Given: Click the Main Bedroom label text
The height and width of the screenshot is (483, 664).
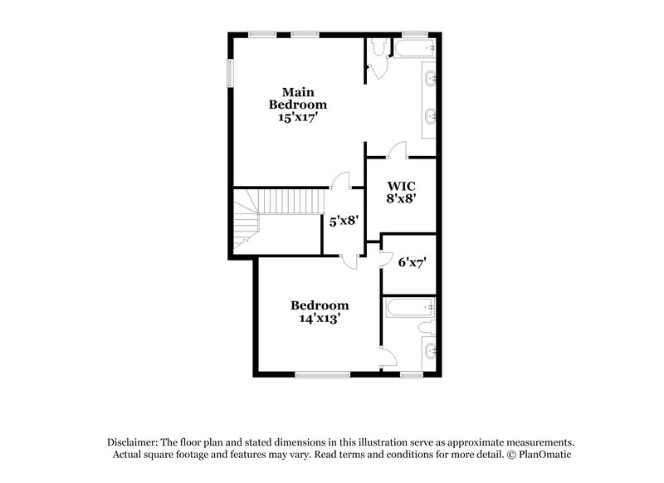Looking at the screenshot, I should [x=297, y=98].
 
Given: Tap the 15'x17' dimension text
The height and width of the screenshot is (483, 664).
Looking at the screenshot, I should [x=297, y=118].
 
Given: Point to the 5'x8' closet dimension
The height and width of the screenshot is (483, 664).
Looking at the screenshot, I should [x=344, y=221].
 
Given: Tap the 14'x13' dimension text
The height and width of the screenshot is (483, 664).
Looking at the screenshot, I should [x=320, y=317].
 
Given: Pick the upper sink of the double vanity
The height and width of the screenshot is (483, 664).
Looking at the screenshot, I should [x=431, y=80].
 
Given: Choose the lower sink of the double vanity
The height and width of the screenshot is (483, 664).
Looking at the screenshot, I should [x=431, y=115].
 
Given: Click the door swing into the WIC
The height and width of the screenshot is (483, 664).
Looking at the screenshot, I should [x=397, y=149].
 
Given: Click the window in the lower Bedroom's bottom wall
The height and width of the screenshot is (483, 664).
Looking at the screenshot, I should [x=321, y=375].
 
